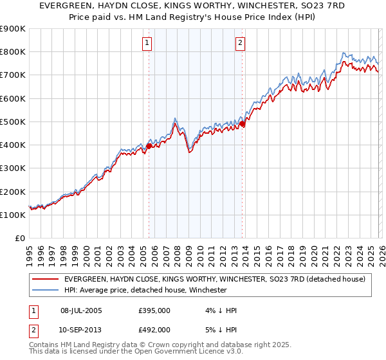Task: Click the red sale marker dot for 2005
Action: point(149,146)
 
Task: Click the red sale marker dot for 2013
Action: point(242,123)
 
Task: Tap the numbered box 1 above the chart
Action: point(147,43)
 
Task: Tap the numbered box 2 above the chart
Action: point(240,43)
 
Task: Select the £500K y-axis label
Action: point(13,122)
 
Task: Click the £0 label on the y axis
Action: point(19,238)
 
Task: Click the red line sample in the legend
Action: point(46,279)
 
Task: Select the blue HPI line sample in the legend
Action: point(46,290)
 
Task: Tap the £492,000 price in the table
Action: point(154,329)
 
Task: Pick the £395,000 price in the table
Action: point(154,310)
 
